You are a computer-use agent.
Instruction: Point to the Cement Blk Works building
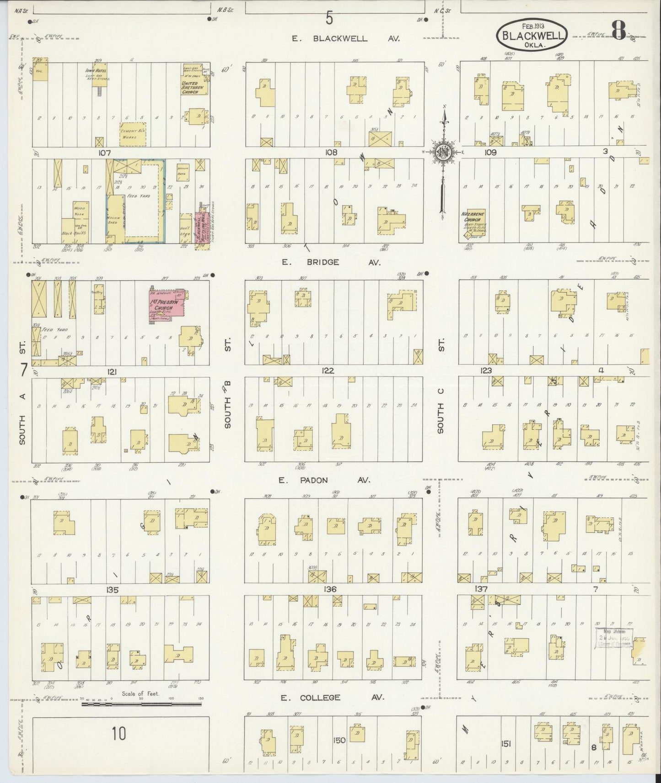[133, 131]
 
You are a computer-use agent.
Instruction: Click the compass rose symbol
[443, 153]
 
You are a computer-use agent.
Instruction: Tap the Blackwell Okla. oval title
[532, 35]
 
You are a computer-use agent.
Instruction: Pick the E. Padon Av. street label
[330, 480]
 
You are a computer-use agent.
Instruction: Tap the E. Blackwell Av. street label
[346, 39]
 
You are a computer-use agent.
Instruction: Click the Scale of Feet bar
[141, 717]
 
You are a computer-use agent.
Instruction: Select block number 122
[328, 371]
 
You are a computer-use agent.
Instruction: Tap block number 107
[105, 153]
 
